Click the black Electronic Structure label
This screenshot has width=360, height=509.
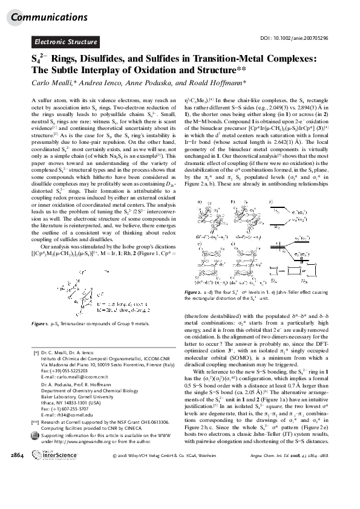pyautogui.click(x=66, y=42)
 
